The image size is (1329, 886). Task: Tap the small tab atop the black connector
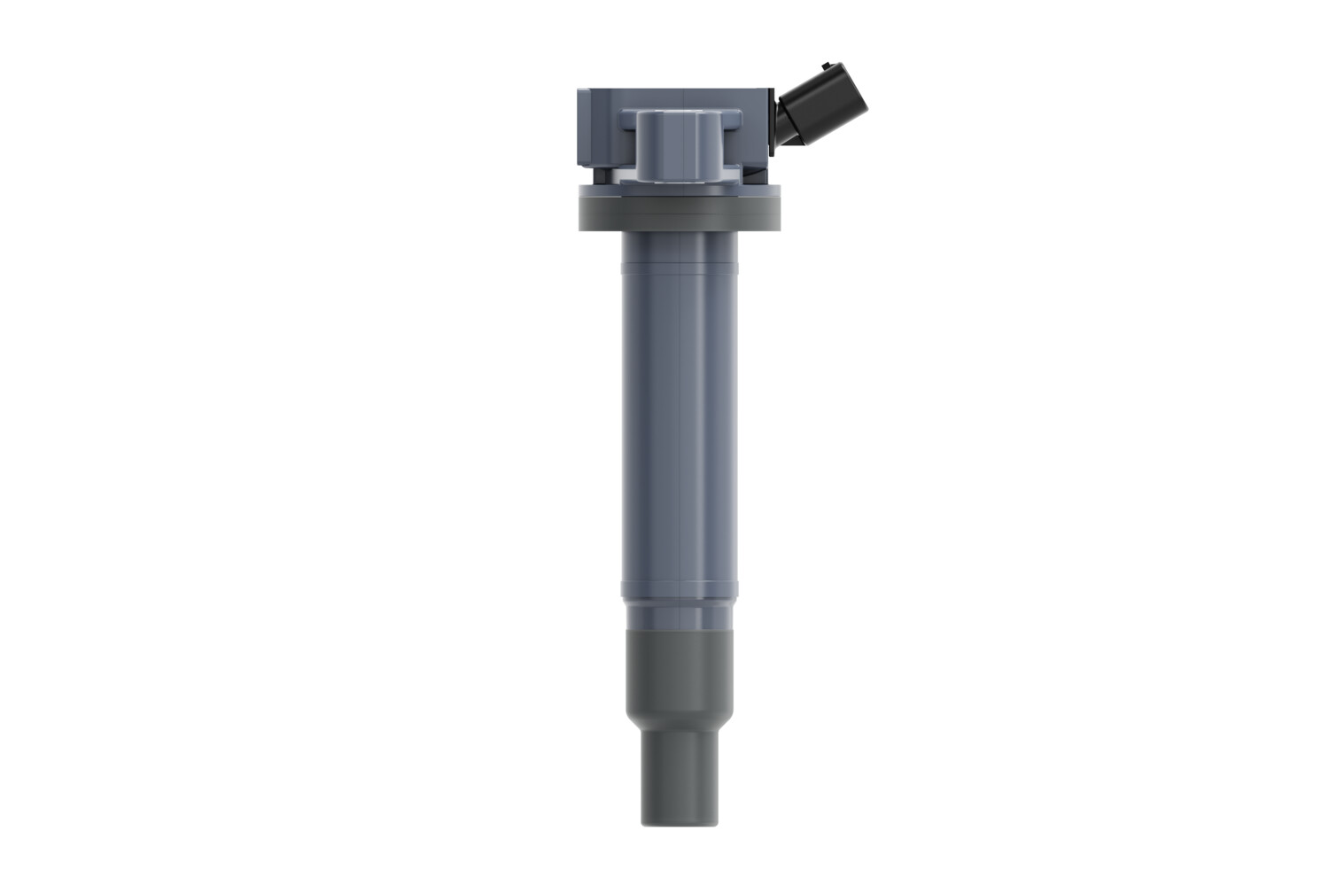pyautogui.click(x=828, y=64)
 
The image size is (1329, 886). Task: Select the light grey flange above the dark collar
pyautogui.click(x=680, y=190)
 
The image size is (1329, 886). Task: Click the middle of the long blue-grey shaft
pyautogui.click(x=680, y=425)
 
